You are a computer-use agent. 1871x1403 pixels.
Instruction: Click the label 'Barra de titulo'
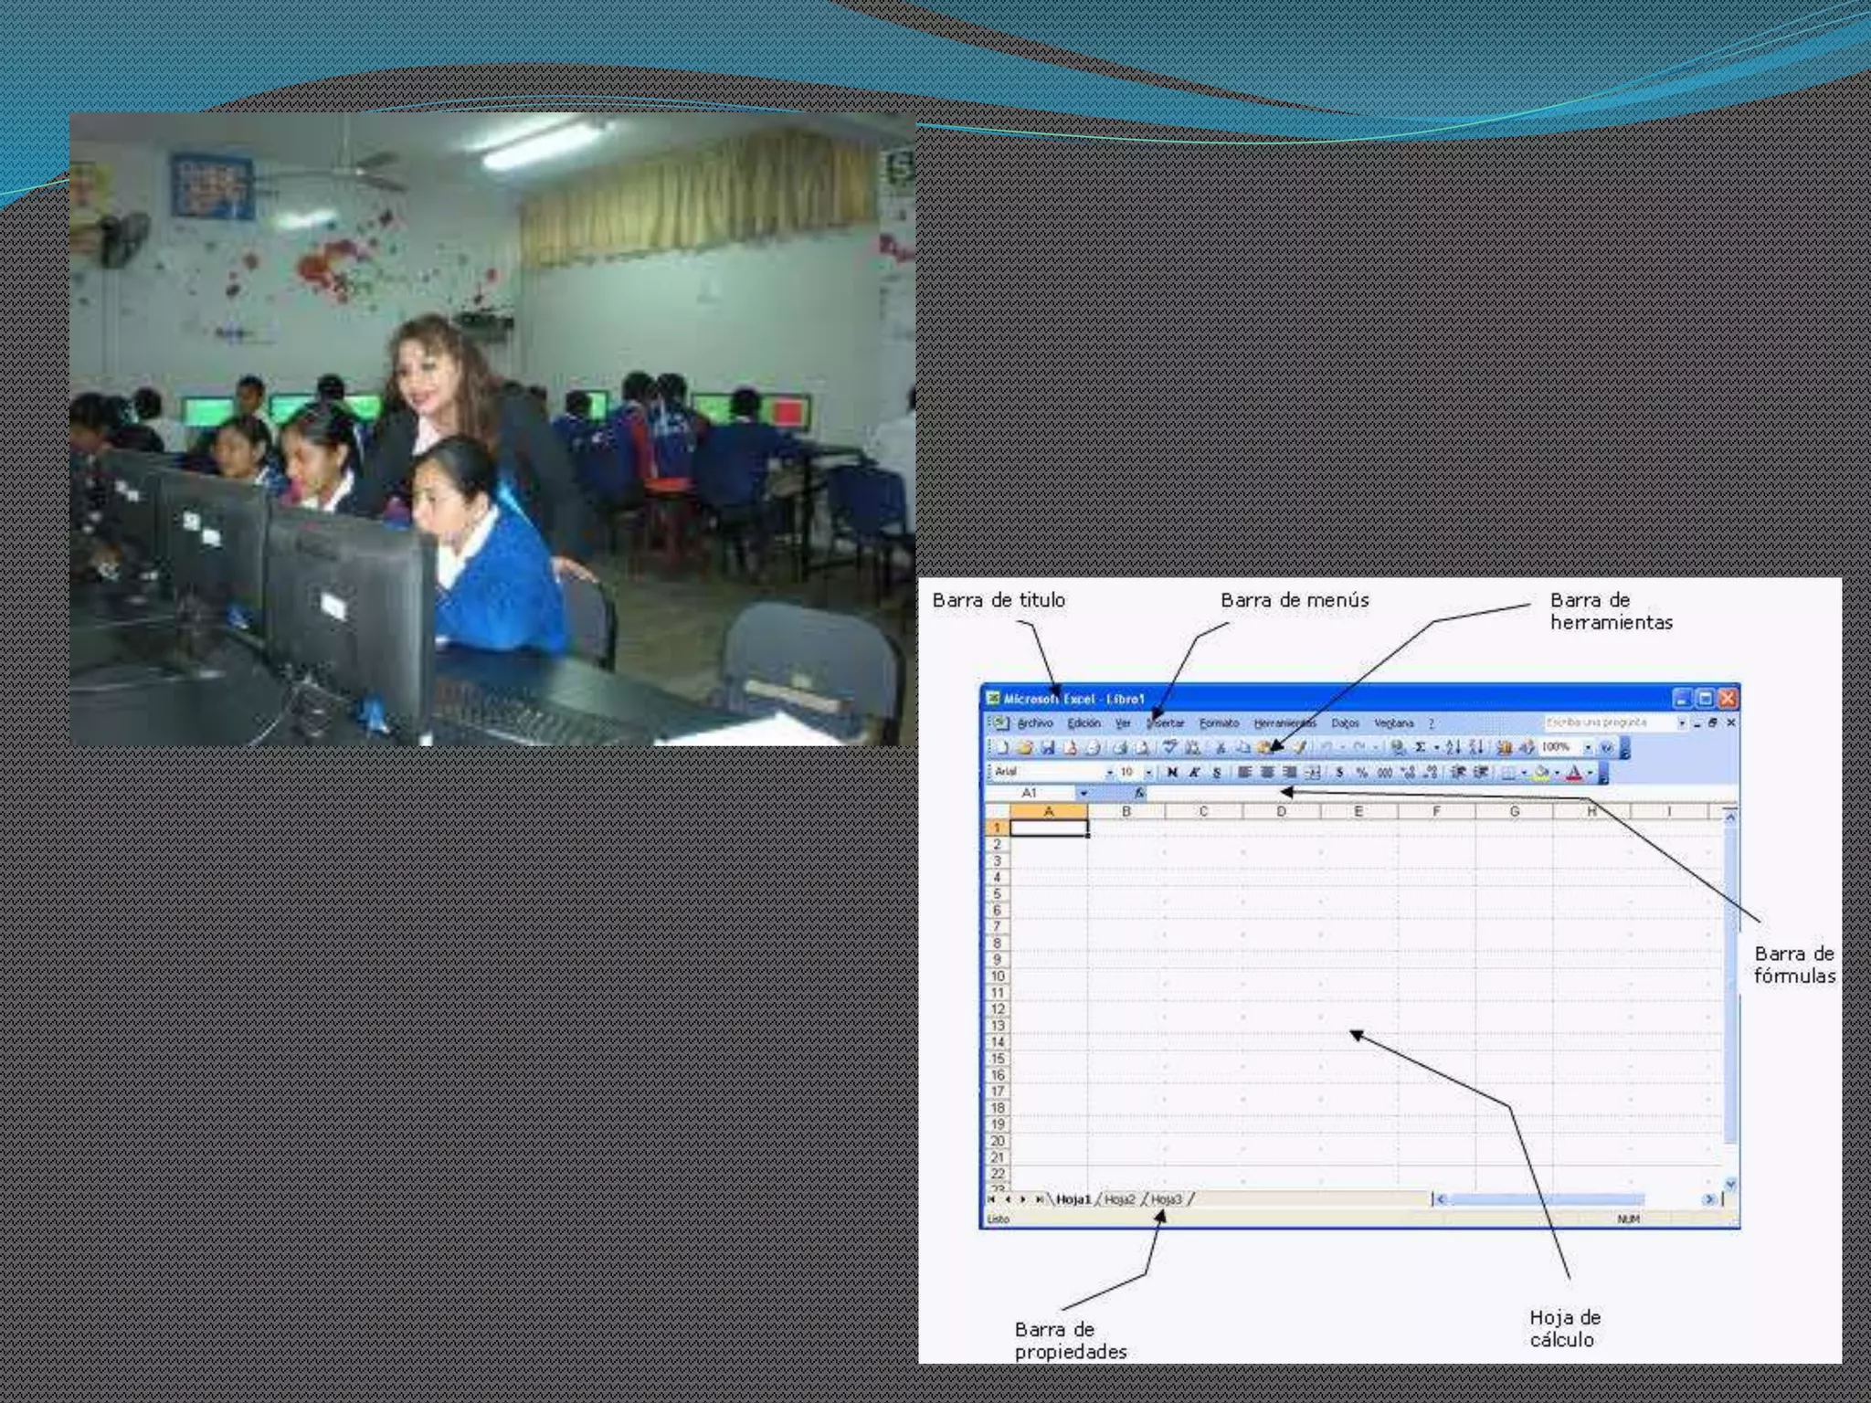999,601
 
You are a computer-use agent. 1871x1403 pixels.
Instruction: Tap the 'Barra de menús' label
1295,601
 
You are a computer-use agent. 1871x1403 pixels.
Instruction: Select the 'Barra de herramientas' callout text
1611,612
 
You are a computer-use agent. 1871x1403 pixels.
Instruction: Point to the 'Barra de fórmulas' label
1793,965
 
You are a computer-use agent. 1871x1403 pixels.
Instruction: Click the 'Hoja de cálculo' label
1564,1328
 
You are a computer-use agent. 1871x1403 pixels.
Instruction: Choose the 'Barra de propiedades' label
1070,1340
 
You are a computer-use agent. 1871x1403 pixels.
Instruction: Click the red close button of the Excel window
1727,699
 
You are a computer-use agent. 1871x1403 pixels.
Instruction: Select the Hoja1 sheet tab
1073,1199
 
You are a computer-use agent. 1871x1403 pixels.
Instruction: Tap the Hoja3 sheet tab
1166,1199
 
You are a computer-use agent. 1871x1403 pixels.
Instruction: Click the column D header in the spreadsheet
1281,811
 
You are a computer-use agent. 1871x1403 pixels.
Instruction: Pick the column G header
1514,811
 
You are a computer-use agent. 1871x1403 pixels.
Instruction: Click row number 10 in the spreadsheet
998,976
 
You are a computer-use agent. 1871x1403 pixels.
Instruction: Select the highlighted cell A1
1049,828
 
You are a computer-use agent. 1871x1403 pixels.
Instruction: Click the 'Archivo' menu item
1034,723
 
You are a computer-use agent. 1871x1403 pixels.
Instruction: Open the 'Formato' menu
1219,723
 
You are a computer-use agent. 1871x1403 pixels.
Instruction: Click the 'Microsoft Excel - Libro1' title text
1073,699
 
